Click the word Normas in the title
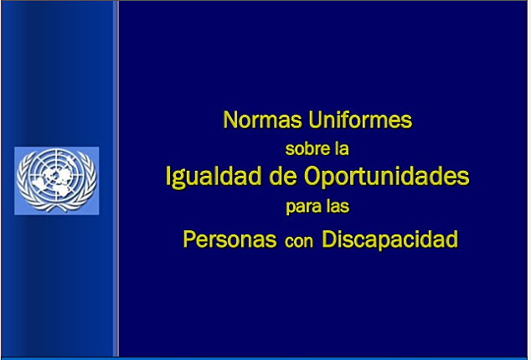pos(260,121)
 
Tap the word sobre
pos(305,149)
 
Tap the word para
pos(304,206)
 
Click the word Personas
pos(229,240)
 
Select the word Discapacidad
pos(389,240)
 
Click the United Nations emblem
pos(57,181)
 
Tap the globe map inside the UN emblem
pos(57,177)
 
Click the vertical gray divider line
pos(116,179)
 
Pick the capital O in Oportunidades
pos(324,177)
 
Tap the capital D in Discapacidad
pos(328,240)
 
